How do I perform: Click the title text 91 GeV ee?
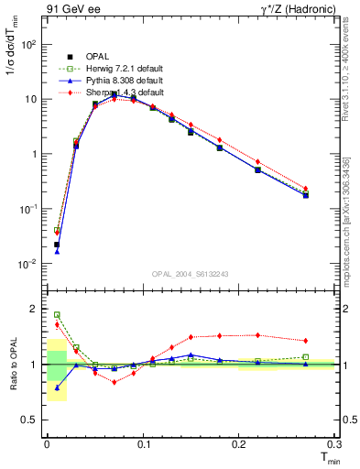point(71,11)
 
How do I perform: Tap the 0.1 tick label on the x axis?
point(143,443)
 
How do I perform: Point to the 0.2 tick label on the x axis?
point(239,443)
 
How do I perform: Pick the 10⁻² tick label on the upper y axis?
point(30,264)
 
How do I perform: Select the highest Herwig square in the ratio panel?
point(57,314)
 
